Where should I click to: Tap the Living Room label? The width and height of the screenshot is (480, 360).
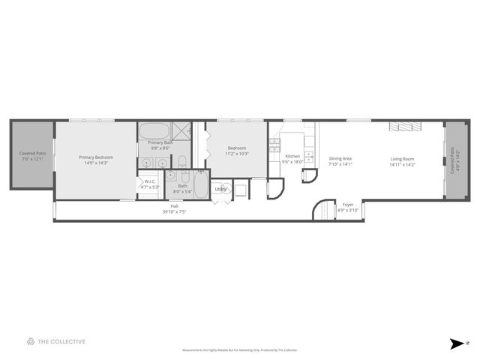point(402,158)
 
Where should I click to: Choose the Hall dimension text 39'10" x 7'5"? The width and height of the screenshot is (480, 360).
point(174,211)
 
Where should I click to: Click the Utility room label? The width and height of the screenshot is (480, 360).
point(220,189)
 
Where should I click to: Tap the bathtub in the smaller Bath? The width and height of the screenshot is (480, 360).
point(201,184)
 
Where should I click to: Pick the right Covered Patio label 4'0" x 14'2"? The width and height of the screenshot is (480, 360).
point(452,160)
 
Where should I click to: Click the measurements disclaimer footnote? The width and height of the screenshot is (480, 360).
point(240,350)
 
